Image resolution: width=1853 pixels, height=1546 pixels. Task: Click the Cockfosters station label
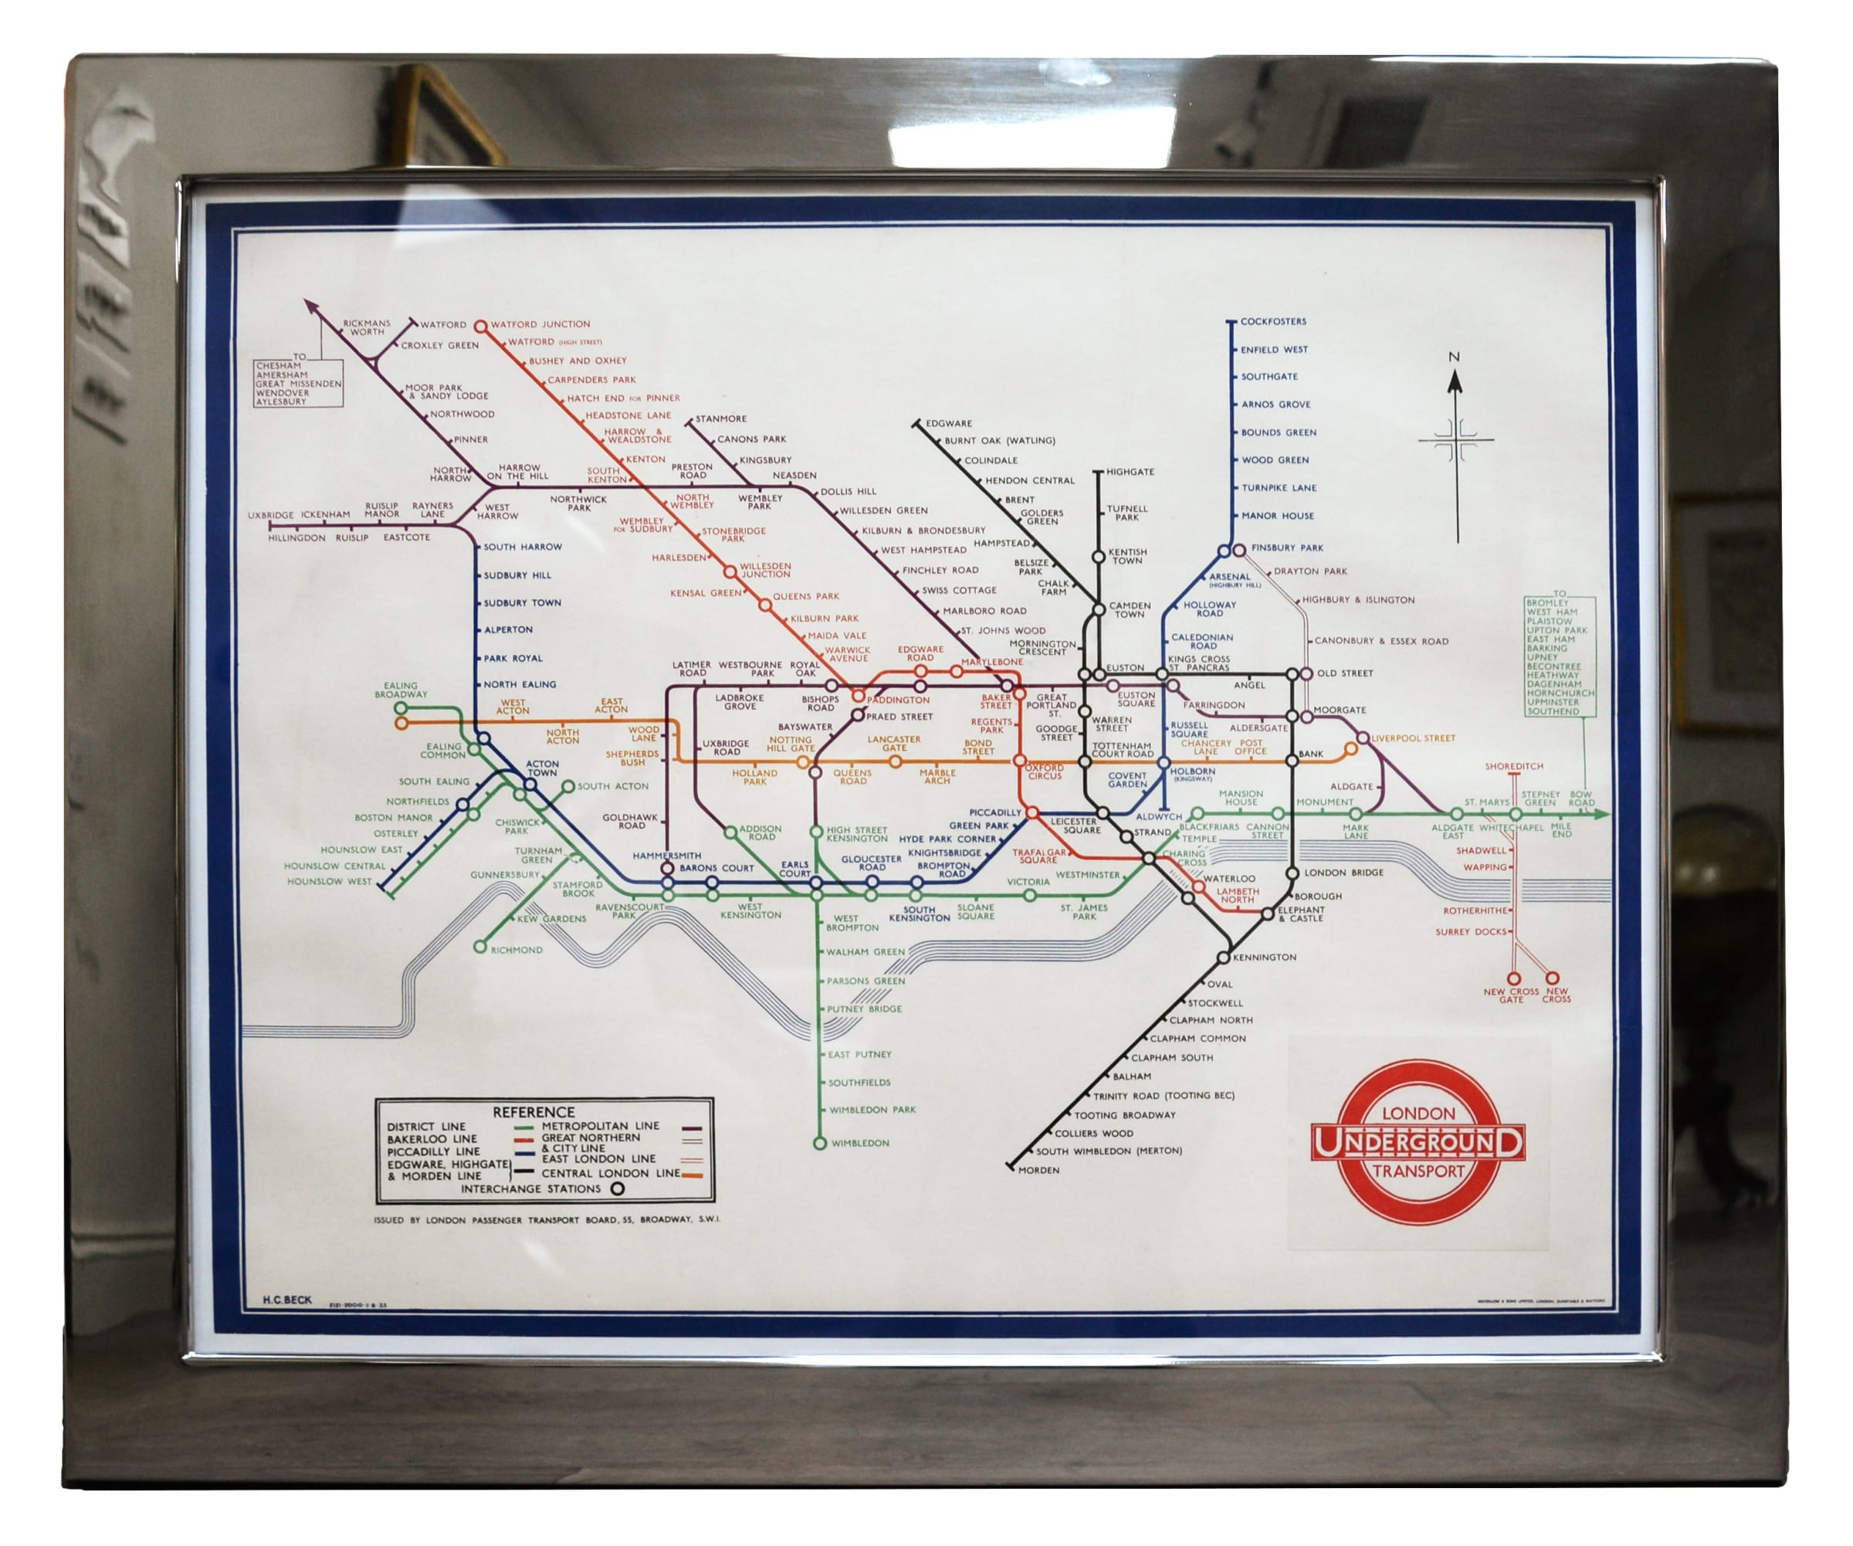[1272, 321]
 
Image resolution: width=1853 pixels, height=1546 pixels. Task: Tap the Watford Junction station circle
[481, 327]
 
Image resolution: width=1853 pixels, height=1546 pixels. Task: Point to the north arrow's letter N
[1454, 357]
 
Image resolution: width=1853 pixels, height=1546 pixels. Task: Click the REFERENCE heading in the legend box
[533, 1112]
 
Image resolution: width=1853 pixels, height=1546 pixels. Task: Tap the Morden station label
[1038, 1170]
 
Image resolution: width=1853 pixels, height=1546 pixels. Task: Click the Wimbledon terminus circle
[819, 1144]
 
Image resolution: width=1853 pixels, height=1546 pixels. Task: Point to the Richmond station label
[517, 951]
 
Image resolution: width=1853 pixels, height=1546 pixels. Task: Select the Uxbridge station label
[270, 515]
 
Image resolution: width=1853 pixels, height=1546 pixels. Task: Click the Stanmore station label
[721, 419]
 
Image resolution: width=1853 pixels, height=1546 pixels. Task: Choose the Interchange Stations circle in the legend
[618, 1188]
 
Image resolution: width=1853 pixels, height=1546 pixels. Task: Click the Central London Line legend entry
[610, 1174]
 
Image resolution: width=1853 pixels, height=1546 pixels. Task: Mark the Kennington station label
[1264, 958]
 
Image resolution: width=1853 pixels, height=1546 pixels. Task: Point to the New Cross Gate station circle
[1514, 978]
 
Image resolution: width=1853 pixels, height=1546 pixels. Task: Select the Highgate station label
[1130, 472]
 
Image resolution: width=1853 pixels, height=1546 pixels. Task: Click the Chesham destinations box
[298, 383]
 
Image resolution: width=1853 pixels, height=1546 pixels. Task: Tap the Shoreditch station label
[1513, 766]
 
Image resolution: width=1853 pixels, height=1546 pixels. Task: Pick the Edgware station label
[949, 423]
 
